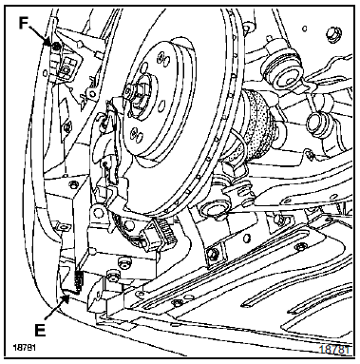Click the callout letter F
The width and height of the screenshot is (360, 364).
24,23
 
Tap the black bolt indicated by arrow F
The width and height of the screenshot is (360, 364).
56,47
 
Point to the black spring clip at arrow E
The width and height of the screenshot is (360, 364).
77,281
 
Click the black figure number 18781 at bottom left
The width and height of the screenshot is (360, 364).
24,347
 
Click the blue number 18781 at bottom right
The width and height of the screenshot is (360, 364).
334,350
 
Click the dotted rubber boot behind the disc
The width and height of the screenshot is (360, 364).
256,126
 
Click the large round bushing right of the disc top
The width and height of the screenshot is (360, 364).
280,71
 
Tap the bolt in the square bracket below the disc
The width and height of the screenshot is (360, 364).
213,253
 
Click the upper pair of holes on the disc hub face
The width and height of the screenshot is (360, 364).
164,58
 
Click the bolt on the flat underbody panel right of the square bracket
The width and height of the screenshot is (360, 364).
300,246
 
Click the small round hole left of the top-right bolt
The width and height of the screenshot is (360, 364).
305,29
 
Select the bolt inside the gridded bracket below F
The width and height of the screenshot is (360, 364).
66,69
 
